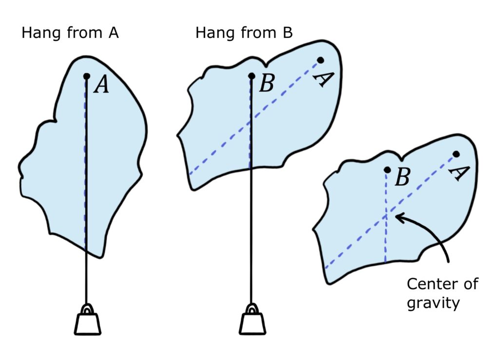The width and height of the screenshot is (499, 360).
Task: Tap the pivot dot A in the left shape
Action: tap(86, 76)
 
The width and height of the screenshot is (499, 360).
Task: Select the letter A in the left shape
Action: tap(101, 85)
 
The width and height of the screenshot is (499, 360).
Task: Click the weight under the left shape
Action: tap(88, 324)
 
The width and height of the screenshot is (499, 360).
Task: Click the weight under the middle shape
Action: tap(252, 324)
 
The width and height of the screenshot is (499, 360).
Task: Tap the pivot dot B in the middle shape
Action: tap(251, 76)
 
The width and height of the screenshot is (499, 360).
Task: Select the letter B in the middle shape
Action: tap(267, 84)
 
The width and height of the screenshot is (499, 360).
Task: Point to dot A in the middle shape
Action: tap(320, 60)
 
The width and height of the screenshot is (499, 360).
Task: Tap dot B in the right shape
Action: tap(387, 170)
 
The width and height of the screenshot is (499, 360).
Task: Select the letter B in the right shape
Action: tap(402, 178)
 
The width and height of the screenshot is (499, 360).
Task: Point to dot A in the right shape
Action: tap(456, 154)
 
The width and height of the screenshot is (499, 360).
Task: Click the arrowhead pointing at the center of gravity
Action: tap(398, 217)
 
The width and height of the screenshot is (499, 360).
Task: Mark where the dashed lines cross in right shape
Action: tap(386, 215)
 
